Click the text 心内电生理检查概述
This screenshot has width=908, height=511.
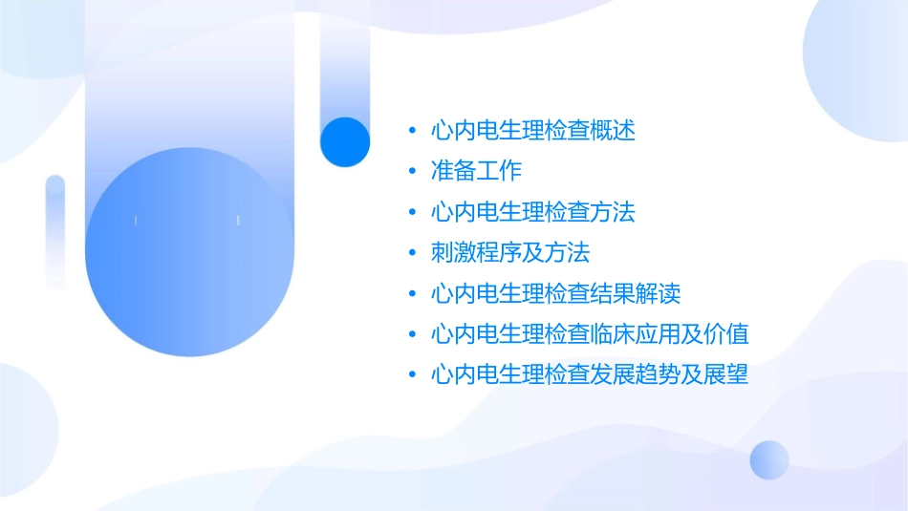[x=532, y=130]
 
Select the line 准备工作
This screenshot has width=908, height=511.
[x=476, y=171]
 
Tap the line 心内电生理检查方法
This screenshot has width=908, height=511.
[x=532, y=211]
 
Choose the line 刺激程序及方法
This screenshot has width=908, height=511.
[x=510, y=252]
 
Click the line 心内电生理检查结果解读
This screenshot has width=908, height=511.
[x=555, y=292]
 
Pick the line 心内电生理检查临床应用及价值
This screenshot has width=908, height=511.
[x=589, y=333]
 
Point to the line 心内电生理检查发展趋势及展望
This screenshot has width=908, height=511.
[x=589, y=373]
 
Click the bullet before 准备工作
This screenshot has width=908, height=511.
[x=412, y=171]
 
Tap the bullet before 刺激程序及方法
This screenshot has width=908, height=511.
[x=412, y=252]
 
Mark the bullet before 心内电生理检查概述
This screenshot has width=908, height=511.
[x=412, y=130]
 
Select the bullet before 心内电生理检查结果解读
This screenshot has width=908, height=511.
[x=412, y=292]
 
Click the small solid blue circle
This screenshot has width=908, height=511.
[x=345, y=141]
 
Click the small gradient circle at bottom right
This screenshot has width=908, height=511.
[x=769, y=459]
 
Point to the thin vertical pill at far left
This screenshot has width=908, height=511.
[x=55, y=231]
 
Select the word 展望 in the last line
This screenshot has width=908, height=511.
[x=725, y=373]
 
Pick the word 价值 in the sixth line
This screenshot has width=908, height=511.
[x=725, y=333]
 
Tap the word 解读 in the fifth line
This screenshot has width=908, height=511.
[x=658, y=292]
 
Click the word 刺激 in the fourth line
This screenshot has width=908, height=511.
[x=454, y=252]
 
